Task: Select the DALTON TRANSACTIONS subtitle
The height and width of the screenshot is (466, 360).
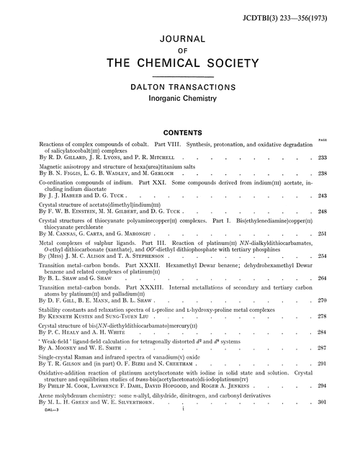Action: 180,87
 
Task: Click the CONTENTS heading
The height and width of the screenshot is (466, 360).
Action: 179,133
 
